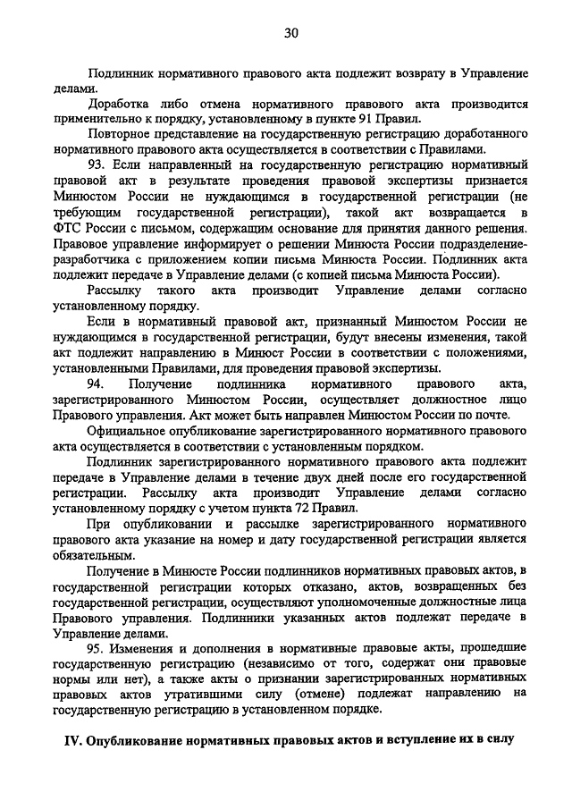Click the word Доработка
[119, 103]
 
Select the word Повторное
[120, 134]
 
